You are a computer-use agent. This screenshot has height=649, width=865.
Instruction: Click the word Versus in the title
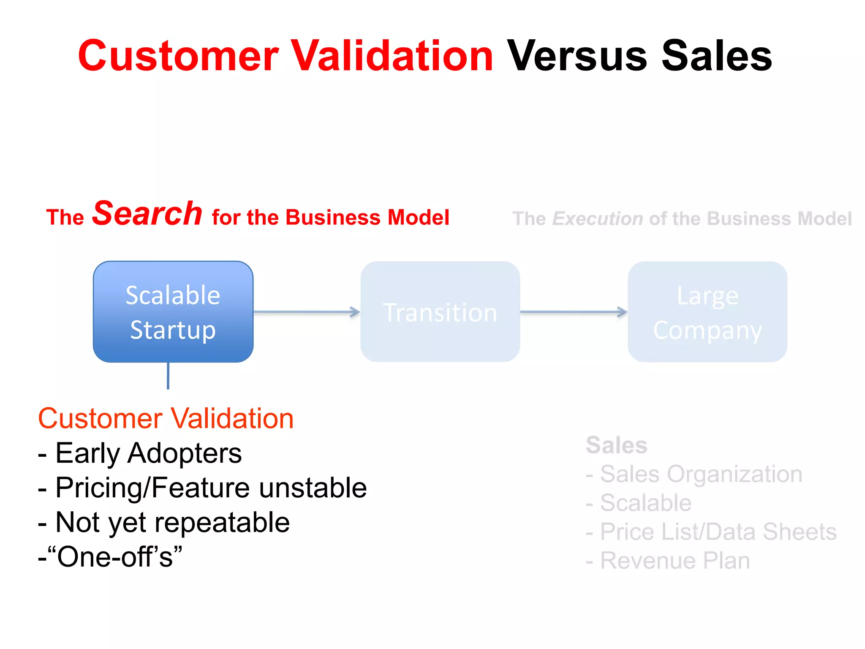click(577, 56)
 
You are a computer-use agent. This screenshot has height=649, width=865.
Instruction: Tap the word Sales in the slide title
click(716, 56)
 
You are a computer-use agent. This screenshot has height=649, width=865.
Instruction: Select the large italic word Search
click(147, 213)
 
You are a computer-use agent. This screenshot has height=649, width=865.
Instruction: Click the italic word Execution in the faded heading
click(597, 219)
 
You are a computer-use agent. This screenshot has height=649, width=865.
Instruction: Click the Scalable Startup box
click(173, 312)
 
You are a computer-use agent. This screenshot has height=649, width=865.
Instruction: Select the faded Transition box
click(440, 312)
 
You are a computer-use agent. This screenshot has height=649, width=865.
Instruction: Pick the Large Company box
click(707, 312)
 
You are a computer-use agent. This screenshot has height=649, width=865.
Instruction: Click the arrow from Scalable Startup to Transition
click(307, 312)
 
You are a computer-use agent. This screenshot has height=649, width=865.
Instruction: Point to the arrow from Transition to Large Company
click(574, 312)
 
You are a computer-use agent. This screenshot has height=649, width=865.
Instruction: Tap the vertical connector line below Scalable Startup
click(168, 376)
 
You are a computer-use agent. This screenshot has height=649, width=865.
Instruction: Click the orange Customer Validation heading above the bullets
click(166, 419)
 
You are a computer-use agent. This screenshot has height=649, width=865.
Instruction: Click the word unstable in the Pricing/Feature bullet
click(313, 488)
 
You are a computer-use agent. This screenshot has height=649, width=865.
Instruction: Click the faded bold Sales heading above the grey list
click(616, 445)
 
